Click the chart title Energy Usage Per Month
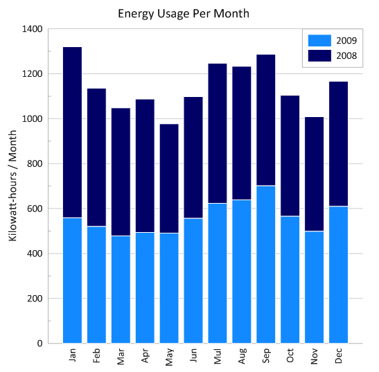point(183,13)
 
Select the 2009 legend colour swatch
point(319,40)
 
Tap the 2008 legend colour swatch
point(319,55)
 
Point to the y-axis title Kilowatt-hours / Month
point(13,186)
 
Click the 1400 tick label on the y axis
point(32,29)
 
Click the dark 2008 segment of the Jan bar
point(72,132)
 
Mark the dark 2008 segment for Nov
point(315,174)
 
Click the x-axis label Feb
point(97,356)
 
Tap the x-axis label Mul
point(218,356)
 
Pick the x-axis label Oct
point(291,356)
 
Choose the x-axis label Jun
point(194,356)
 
